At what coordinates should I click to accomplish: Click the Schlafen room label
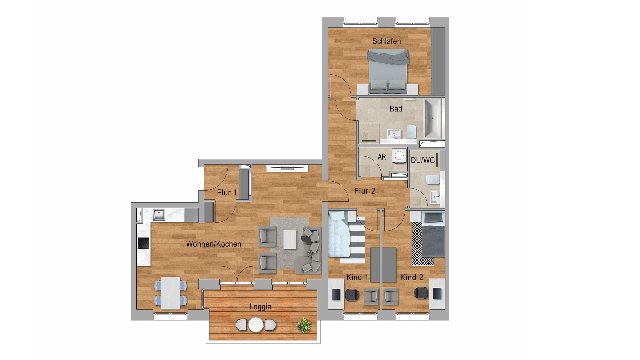(386, 41)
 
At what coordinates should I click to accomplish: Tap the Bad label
(396, 109)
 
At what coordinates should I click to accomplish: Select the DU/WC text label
(423, 160)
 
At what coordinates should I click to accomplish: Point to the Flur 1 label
(227, 193)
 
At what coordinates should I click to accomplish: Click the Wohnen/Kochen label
(214, 244)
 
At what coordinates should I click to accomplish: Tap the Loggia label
(260, 307)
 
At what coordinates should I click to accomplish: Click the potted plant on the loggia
(303, 325)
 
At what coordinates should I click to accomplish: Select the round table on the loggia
(256, 324)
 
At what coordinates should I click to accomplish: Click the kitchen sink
(159, 215)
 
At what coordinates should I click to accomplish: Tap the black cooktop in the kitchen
(144, 243)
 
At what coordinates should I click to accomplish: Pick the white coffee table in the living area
(290, 239)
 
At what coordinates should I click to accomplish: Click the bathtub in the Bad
(433, 118)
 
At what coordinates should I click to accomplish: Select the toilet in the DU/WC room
(433, 180)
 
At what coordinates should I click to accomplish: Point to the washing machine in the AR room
(399, 155)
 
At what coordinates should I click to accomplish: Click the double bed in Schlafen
(388, 71)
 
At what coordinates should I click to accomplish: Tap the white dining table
(171, 293)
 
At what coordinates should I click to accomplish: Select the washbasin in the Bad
(394, 134)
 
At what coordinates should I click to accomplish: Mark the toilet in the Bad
(412, 131)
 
